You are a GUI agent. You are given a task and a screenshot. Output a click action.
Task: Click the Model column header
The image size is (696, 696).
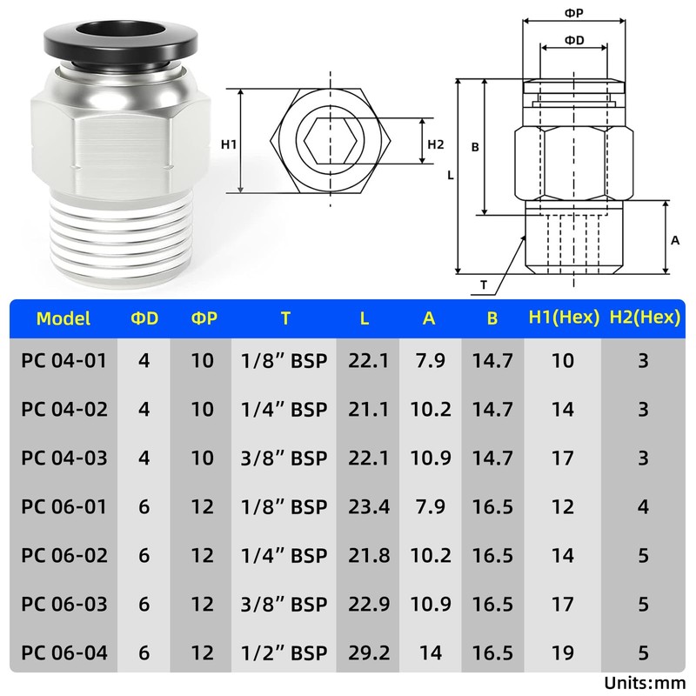[x=64, y=318]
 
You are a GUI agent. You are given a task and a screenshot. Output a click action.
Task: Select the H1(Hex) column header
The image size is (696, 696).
[x=564, y=318]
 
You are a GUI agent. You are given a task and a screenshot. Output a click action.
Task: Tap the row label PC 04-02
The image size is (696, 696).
[x=64, y=409]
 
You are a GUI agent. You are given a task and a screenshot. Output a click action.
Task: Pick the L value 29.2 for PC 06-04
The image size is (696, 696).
[x=369, y=652]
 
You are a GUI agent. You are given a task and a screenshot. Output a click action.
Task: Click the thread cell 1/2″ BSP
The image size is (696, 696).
[x=284, y=652]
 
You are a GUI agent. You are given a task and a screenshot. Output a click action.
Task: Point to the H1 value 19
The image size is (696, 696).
[x=563, y=652]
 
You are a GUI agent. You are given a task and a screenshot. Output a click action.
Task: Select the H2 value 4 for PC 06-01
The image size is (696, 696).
[x=643, y=506]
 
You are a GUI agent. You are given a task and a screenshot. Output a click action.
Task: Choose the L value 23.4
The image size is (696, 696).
[x=369, y=506]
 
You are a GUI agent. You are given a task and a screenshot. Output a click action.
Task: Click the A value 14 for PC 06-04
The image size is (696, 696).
[x=431, y=652]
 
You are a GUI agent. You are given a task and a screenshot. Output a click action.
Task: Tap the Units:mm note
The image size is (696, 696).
[x=645, y=683]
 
